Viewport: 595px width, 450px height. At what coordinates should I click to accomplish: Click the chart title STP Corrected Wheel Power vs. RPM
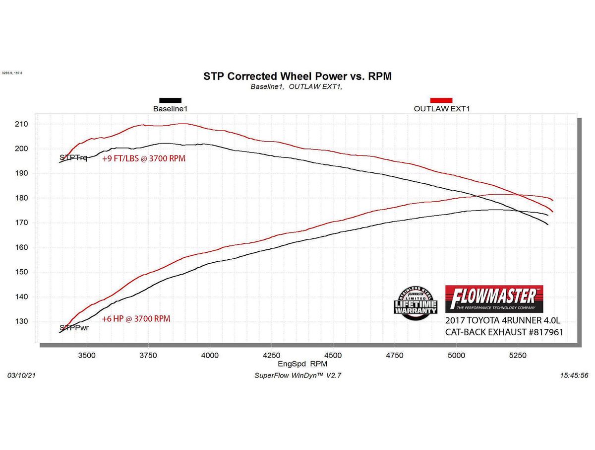pyautogui.click(x=297, y=76)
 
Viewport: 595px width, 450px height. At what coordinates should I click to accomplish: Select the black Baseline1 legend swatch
pyautogui.click(x=170, y=100)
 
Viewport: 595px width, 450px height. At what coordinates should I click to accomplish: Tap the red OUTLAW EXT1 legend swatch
pyautogui.click(x=441, y=100)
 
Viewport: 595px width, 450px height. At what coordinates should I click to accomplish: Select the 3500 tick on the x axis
pyautogui.click(x=87, y=355)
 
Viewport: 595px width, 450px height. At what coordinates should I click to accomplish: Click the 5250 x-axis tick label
pyautogui.click(x=518, y=355)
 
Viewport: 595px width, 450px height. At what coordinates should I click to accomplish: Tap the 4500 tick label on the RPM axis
pyautogui.click(x=333, y=355)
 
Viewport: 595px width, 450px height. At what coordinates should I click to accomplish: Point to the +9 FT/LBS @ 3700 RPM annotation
pyautogui.click(x=144, y=159)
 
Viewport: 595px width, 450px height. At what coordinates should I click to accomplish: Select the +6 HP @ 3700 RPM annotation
pyautogui.click(x=136, y=319)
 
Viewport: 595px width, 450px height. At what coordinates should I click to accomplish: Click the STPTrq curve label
pyautogui.click(x=73, y=158)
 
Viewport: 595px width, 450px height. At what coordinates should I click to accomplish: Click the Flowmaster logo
pyautogui.click(x=494, y=299)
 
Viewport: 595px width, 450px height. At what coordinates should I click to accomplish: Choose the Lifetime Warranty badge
pyautogui.click(x=416, y=300)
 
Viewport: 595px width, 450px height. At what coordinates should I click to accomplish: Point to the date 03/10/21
pyautogui.click(x=22, y=375)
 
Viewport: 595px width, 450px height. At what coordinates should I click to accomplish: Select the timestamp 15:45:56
pyautogui.click(x=574, y=375)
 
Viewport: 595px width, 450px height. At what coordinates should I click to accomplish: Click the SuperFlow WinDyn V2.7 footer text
pyautogui.click(x=297, y=375)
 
